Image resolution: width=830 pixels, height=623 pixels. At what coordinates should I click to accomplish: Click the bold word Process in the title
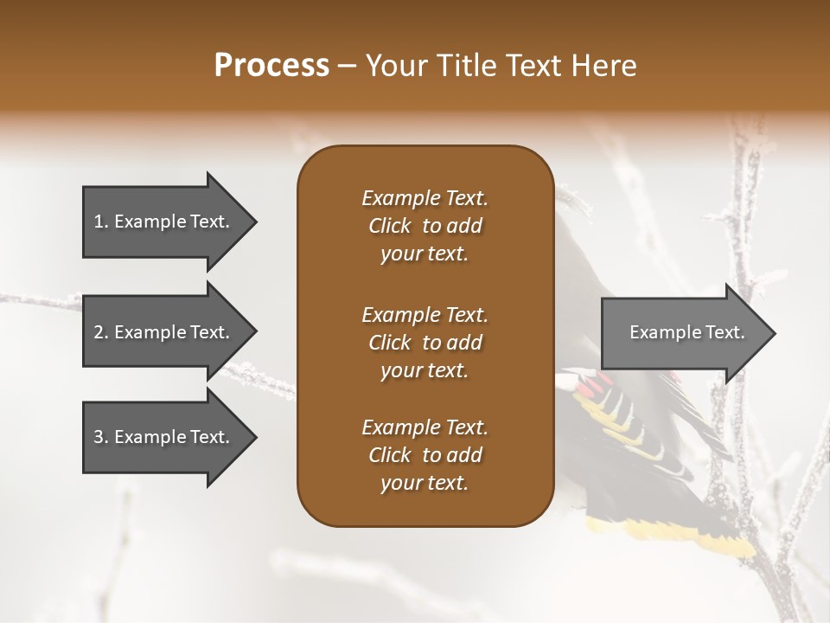271,66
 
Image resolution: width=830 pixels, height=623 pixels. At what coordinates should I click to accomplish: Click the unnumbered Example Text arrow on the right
687,332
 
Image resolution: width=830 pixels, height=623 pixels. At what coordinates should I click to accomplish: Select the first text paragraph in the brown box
425,226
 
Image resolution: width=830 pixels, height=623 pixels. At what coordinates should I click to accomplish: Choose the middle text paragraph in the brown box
425,343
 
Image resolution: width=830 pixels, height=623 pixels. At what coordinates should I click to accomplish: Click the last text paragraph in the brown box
425,455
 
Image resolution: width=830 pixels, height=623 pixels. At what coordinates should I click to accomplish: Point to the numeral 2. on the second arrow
100,332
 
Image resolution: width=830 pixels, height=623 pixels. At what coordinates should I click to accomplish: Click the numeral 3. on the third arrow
100,437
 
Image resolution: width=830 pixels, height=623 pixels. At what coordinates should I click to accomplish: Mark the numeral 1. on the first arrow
100,222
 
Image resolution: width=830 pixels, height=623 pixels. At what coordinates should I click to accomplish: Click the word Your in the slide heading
394,66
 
